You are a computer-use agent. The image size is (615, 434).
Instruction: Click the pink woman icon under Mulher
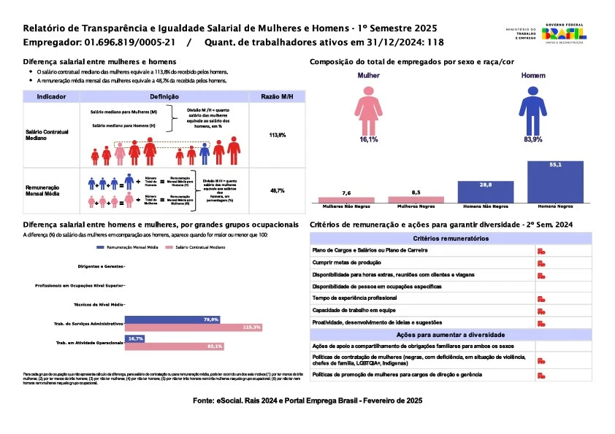(x=368, y=109)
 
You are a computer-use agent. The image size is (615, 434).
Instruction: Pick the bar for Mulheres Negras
(x=416, y=199)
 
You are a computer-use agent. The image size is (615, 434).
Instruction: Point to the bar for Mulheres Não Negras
(x=346, y=199)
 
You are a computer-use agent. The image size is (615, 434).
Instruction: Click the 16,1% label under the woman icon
(x=368, y=139)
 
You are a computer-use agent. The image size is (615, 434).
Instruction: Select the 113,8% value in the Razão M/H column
(x=278, y=136)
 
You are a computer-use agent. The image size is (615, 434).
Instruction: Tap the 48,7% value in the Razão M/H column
(x=278, y=190)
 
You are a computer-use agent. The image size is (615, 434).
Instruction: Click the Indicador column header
(x=53, y=96)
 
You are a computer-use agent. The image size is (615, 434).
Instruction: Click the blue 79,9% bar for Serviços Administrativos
(x=172, y=319)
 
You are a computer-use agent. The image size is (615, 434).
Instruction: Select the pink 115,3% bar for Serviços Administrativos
(x=194, y=327)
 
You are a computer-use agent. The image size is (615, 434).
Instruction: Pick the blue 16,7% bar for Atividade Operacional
(x=135, y=338)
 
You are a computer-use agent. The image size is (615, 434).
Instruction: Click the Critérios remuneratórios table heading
(x=451, y=239)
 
